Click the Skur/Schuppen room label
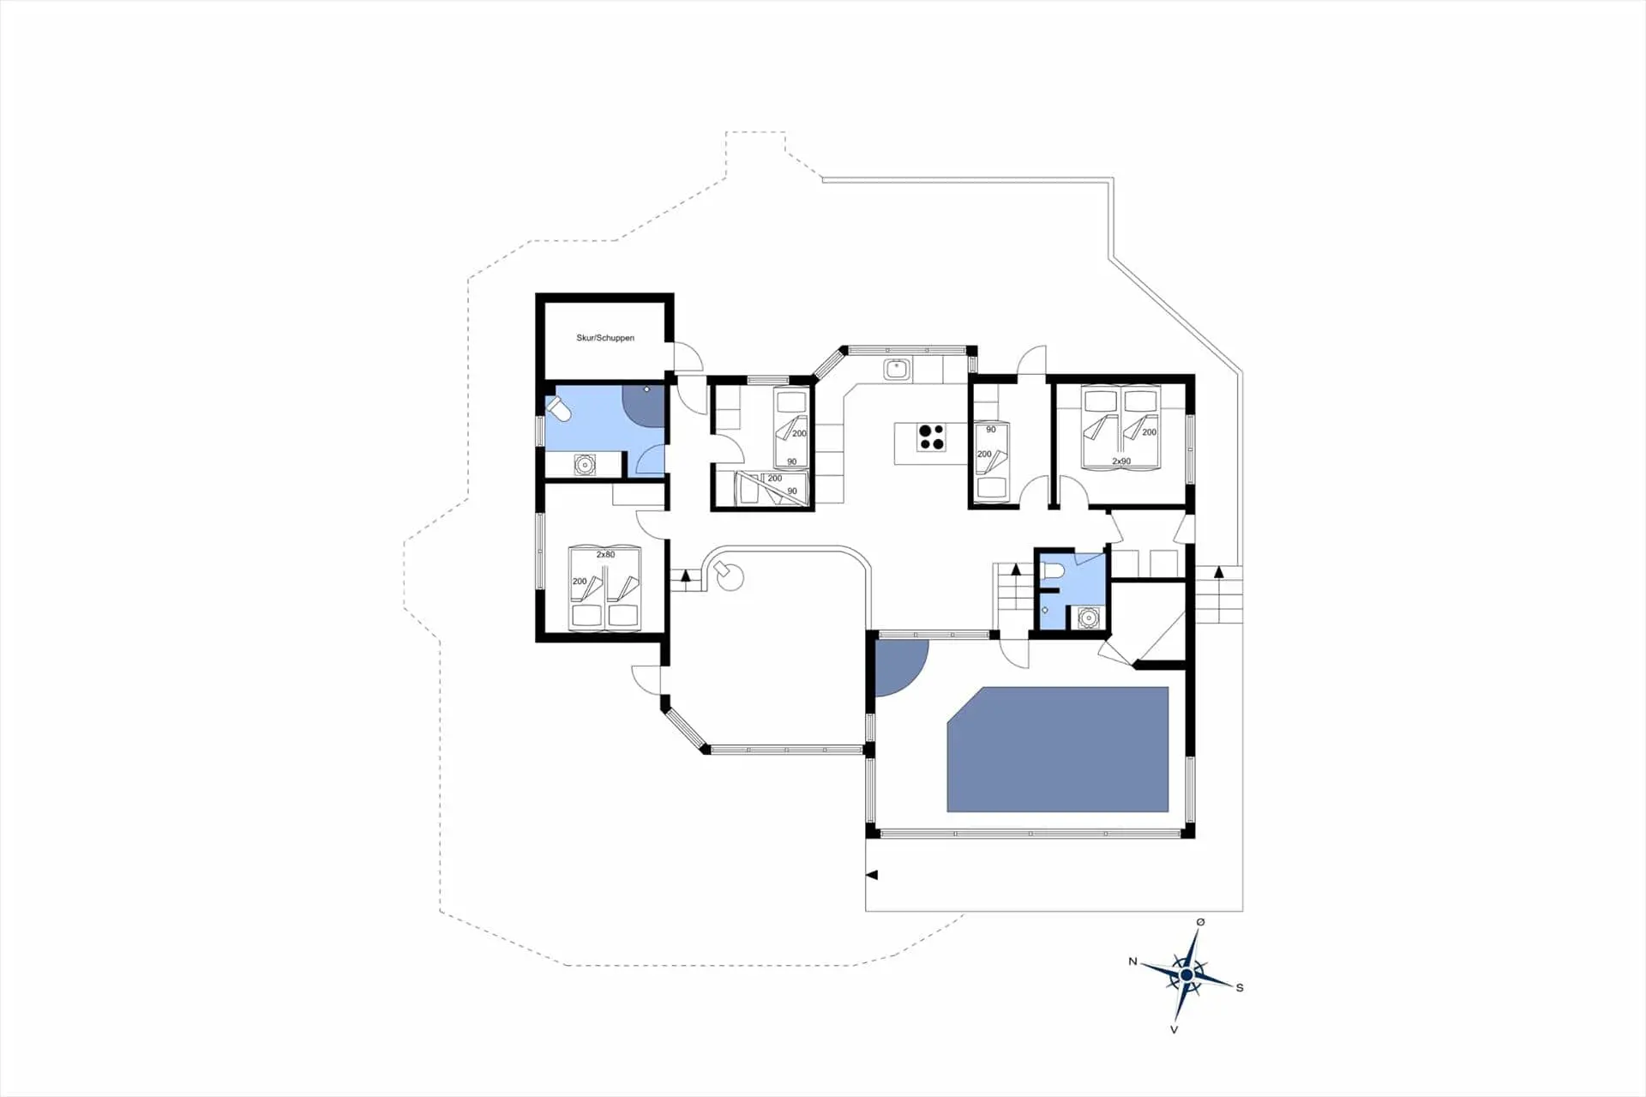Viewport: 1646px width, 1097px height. [605, 338]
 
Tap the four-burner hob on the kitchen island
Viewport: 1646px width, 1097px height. [932, 437]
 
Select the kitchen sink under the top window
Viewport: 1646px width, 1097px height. [897, 370]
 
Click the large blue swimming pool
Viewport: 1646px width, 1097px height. [1057, 750]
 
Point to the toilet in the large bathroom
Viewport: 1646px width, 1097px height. [559, 409]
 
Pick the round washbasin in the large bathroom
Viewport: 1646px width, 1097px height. [585, 465]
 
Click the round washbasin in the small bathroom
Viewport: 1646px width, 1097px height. [1088, 617]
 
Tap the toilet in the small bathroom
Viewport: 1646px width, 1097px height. [1049, 570]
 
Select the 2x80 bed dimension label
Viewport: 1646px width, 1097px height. [605, 555]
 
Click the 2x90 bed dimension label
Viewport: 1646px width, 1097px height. [1120, 461]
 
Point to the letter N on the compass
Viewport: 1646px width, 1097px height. [1132, 961]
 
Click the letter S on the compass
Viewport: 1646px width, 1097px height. [1240, 988]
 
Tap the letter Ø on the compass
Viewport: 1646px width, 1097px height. [1200, 922]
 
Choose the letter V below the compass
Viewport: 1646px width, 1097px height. [1174, 1029]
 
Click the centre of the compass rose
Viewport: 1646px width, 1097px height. [1186, 975]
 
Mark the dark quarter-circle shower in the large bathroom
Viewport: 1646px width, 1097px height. [644, 403]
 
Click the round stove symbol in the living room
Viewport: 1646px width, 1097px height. [728, 576]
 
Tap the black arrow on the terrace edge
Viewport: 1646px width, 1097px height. [872, 875]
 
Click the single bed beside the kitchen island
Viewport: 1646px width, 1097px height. [991, 463]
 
